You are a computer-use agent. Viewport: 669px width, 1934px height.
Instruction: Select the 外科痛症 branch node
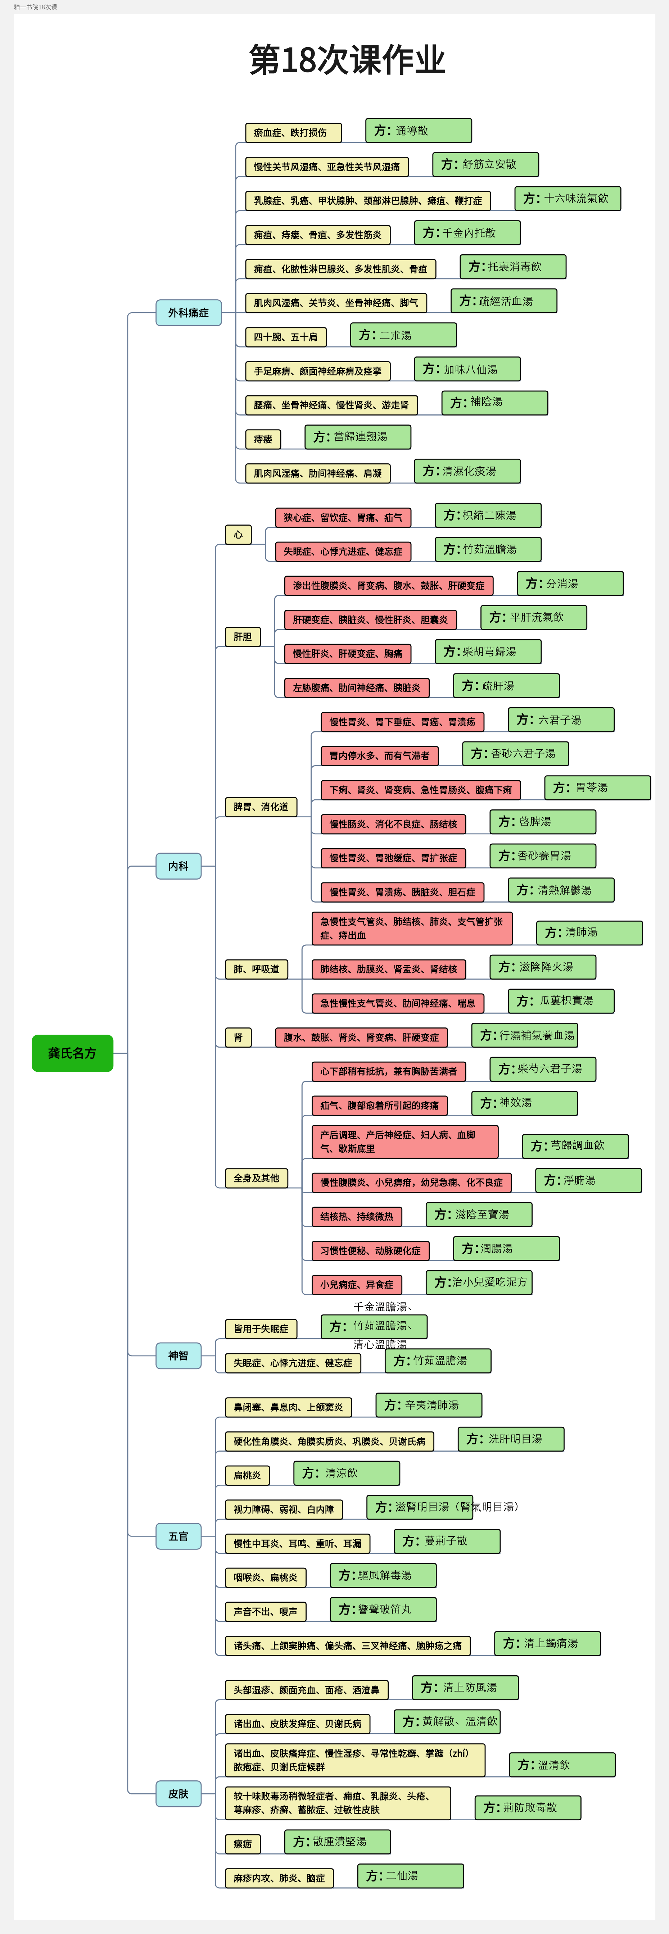189,312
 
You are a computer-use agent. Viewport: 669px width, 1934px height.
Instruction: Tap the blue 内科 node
179,866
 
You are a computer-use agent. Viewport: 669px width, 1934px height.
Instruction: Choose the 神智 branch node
179,1355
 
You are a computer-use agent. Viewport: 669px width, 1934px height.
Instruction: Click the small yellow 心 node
238,535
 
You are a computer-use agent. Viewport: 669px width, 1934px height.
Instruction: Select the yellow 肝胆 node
243,637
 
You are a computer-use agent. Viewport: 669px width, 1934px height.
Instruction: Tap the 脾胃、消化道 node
261,807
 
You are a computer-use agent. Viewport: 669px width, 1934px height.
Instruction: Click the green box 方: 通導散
418,131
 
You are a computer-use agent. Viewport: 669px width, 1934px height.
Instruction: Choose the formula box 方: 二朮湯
403,335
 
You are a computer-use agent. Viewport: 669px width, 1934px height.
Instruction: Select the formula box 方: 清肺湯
589,932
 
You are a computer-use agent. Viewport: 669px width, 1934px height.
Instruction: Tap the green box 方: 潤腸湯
506,1249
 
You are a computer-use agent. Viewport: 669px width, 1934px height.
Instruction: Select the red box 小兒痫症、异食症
357,1285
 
